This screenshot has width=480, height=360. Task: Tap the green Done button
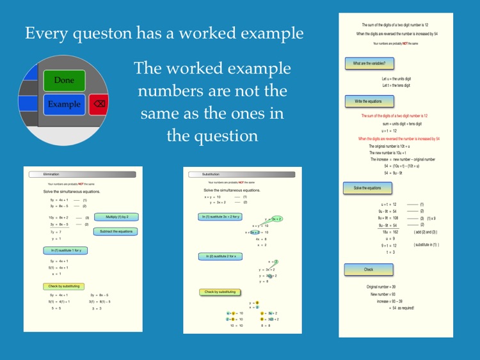[64, 81]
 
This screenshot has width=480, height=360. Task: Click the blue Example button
[64, 104]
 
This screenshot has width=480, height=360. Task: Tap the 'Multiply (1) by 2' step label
[116, 217]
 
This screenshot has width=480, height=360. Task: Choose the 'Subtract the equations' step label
[116, 231]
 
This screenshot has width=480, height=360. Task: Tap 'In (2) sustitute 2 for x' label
[220, 256]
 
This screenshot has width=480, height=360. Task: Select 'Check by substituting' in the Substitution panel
[220, 292]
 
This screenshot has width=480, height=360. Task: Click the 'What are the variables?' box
[369, 63]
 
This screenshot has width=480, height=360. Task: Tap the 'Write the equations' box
[369, 101]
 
